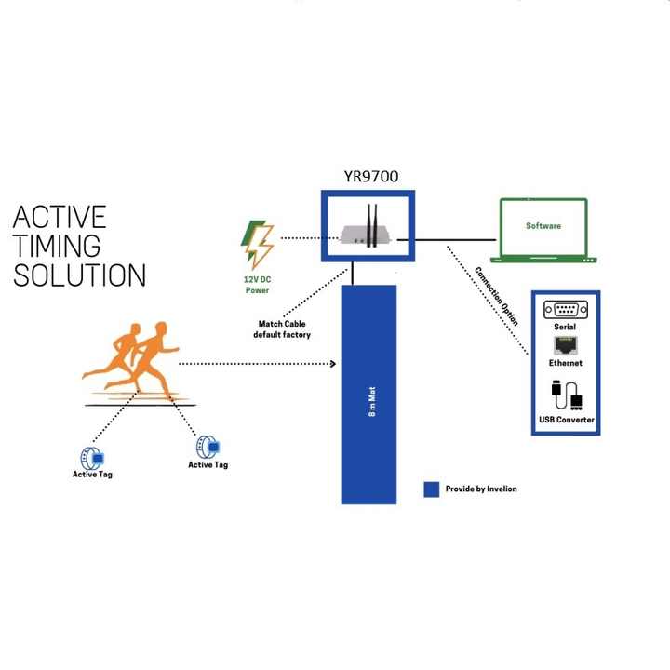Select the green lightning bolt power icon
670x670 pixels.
pos(257,241)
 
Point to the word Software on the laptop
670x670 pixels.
pos(543,226)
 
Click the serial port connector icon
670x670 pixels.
pos(564,311)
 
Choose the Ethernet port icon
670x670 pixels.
pos(564,345)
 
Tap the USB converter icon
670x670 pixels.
pos(564,397)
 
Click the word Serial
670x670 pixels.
pos(564,328)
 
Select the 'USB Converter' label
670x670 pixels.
pos(566,421)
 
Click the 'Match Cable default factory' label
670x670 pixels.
pos(282,329)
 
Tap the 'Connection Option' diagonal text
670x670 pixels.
pos(497,297)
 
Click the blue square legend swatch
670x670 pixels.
pos(431,489)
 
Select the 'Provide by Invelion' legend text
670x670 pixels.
pos(483,489)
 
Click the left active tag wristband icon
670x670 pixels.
pos(93,457)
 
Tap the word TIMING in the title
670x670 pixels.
pos(57,247)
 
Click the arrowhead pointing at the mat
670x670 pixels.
pos(331,364)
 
